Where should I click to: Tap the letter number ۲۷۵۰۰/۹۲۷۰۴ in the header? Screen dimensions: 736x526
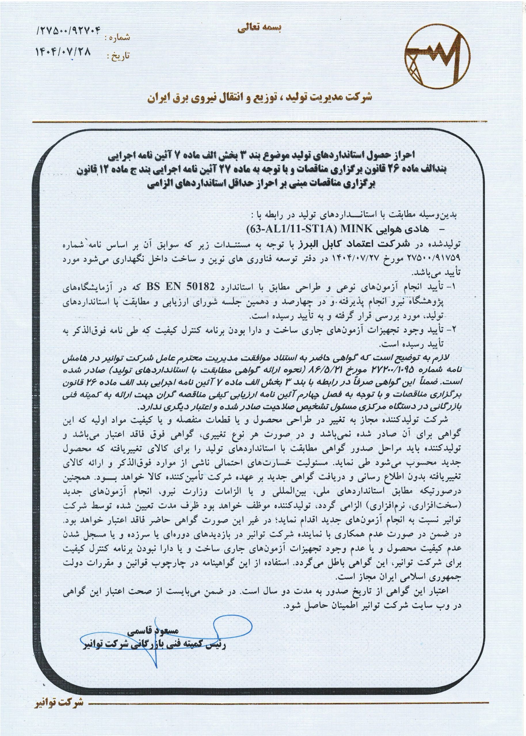70,31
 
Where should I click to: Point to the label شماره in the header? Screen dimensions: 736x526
118,37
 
